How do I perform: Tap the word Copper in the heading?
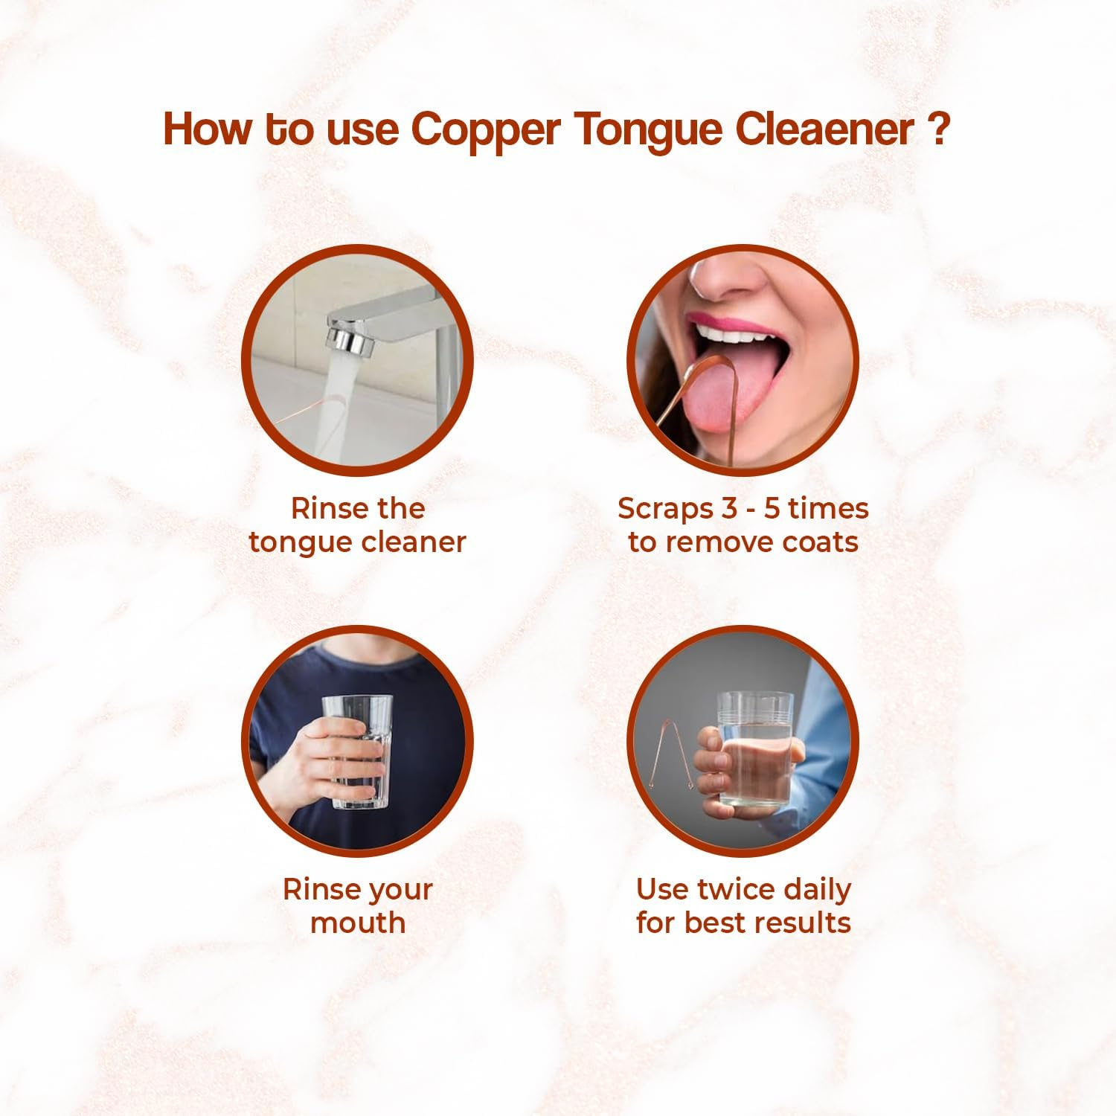coord(485,130)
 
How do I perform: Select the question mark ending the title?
coord(939,128)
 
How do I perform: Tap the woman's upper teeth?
coord(733,336)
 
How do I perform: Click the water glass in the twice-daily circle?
coord(753,748)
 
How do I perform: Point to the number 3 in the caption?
coord(729,509)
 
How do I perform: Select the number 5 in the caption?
coord(773,509)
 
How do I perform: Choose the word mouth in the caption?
coord(358,923)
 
